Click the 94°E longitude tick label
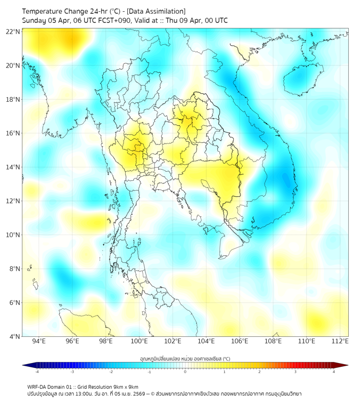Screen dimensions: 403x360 [x=39, y=342]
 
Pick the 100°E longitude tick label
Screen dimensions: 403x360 [x=140, y=342]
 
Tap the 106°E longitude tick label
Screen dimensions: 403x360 [x=240, y=342]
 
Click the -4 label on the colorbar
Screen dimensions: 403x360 [x=36, y=372]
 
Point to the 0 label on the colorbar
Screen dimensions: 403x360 [x=185, y=372]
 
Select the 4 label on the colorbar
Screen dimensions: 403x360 [x=333, y=372]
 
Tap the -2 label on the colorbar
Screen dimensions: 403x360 [x=111, y=372]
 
